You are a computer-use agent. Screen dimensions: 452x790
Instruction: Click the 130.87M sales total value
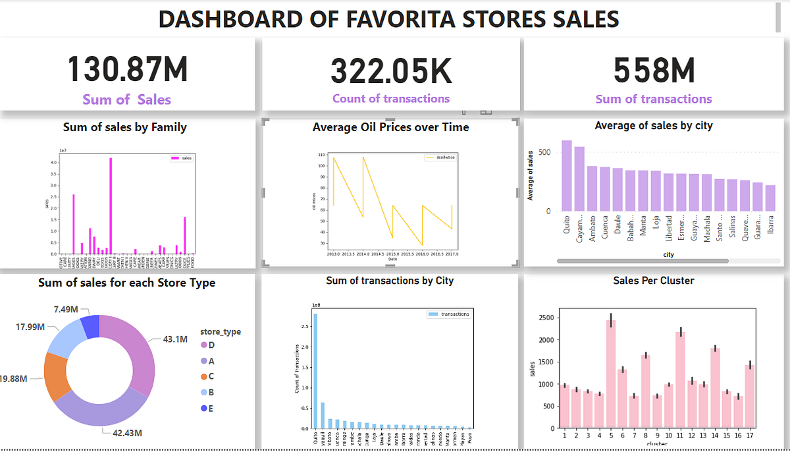(x=128, y=70)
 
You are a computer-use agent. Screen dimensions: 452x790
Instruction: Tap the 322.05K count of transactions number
(x=391, y=71)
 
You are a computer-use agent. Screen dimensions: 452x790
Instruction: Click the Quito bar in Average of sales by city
(x=566, y=176)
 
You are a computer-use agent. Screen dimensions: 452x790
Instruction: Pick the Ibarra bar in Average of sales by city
(x=770, y=198)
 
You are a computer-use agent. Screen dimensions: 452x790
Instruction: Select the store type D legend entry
(x=211, y=345)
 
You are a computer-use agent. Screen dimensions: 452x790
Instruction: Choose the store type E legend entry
(x=211, y=409)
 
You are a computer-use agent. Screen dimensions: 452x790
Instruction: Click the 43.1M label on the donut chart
(x=176, y=339)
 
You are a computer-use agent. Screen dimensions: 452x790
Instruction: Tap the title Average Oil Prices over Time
(x=390, y=127)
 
